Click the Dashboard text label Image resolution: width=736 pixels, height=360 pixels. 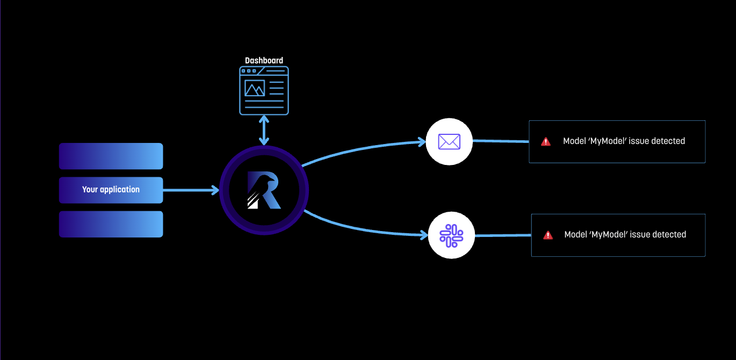(264, 61)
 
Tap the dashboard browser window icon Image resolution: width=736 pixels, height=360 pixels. (264, 90)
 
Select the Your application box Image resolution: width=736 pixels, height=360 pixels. (111, 190)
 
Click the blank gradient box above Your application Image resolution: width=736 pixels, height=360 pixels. (111, 156)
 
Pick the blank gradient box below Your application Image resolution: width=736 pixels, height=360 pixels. (111, 224)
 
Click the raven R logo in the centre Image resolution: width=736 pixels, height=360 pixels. (264, 190)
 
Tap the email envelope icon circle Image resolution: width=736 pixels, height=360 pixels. (449, 142)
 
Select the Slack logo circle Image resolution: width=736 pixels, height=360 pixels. (451, 235)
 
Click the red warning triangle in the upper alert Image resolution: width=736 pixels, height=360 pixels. (546, 142)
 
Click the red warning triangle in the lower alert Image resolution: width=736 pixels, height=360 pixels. (548, 235)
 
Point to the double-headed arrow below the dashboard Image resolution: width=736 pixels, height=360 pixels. (264, 129)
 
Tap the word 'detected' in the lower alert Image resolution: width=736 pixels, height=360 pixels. (669, 235)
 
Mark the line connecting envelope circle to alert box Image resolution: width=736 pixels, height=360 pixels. (500, 141)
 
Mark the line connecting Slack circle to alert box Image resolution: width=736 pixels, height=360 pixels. (502, 235)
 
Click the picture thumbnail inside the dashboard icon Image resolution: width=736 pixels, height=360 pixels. (255, 88)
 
